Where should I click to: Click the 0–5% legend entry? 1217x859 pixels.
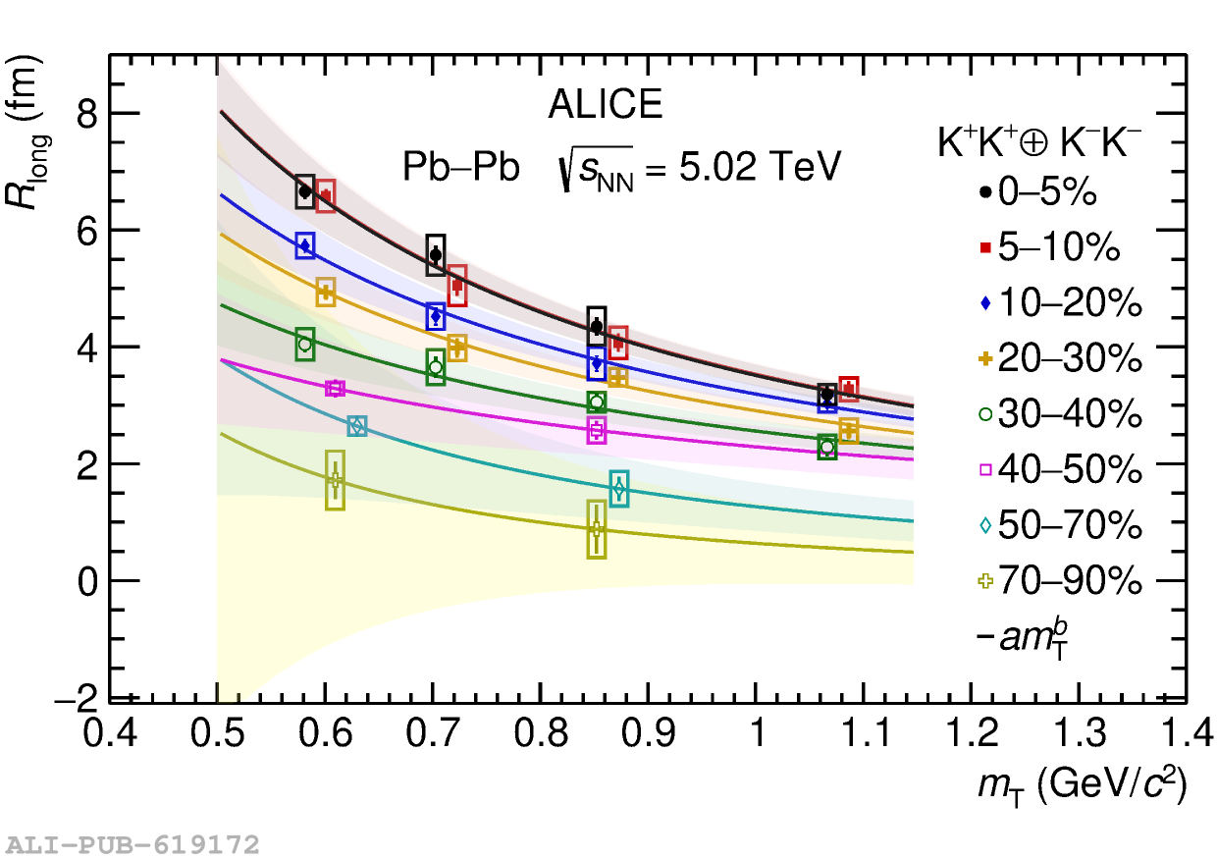point(1045,193)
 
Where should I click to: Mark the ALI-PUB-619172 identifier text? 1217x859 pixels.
point(132,844)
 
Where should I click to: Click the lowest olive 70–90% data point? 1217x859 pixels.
point(597,529)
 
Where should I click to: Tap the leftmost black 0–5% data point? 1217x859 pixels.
point(304,191)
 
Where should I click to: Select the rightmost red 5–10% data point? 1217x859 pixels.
point(849,390)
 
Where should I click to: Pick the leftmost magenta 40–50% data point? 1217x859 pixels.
point(336,389)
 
